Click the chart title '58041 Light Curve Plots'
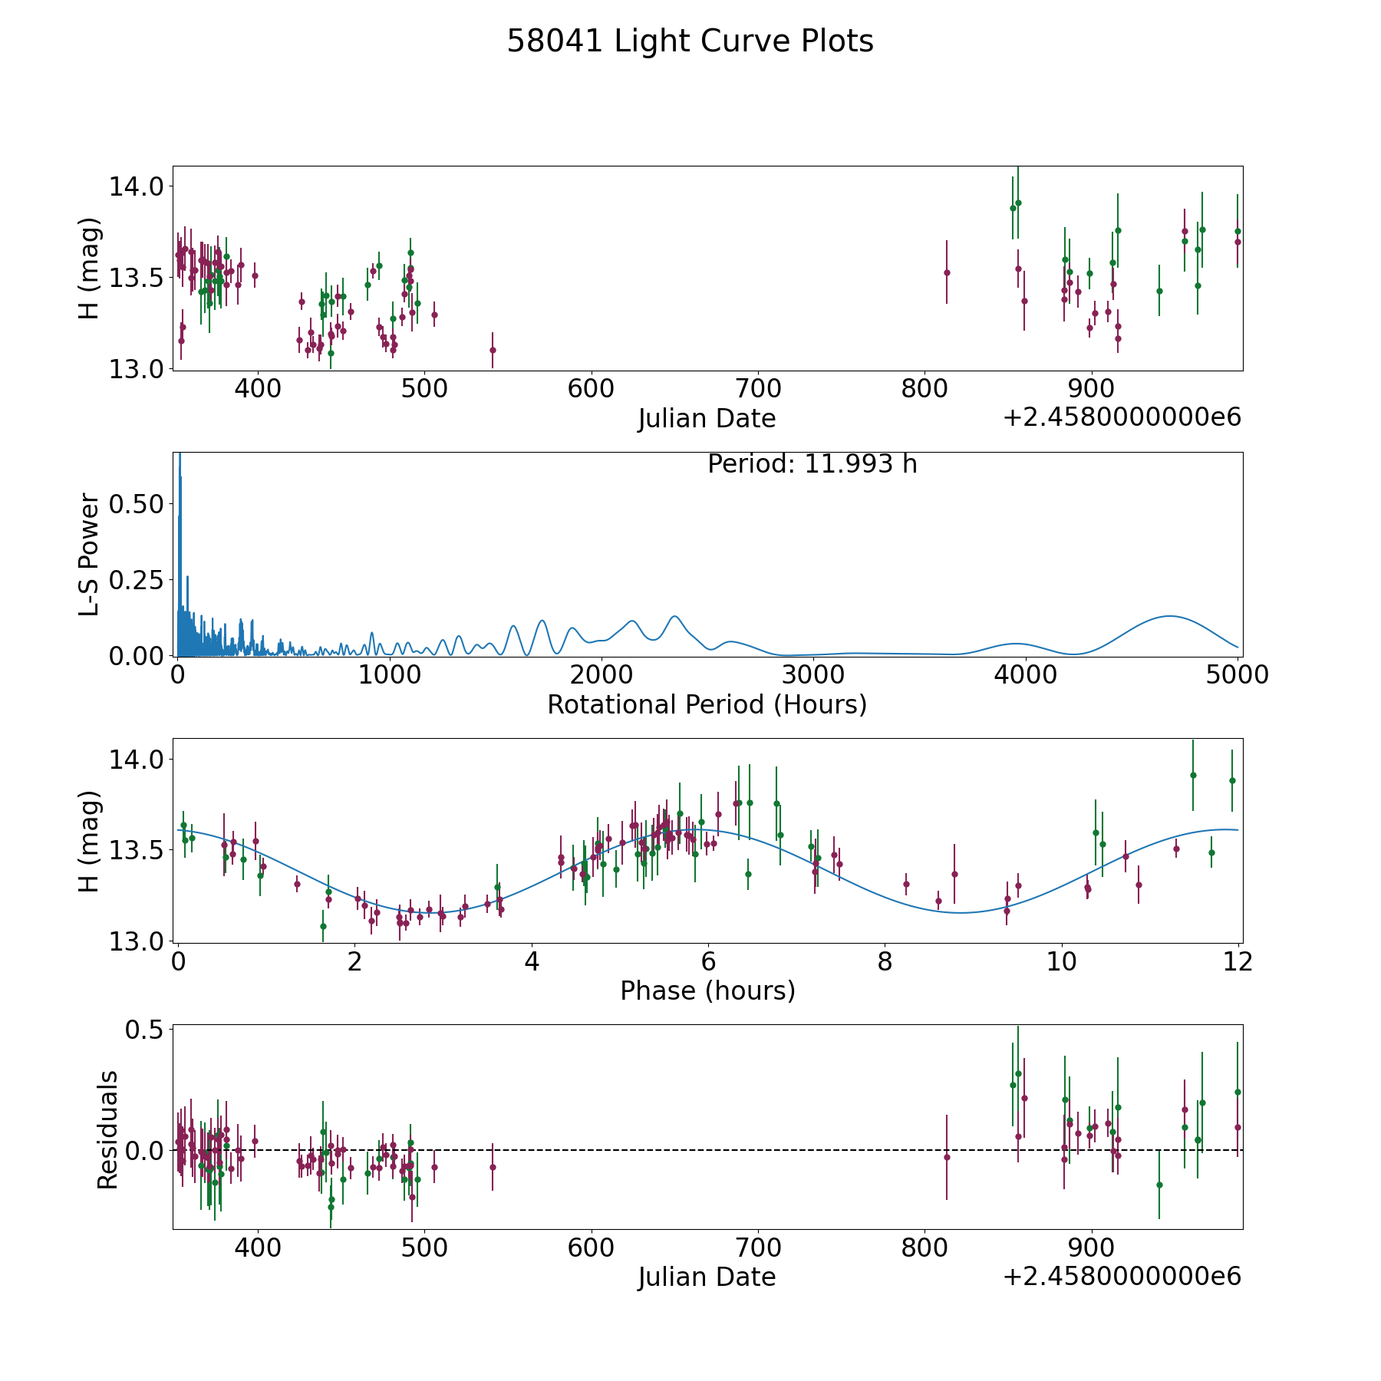click(690, 41)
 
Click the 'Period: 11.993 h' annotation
click(812, 464)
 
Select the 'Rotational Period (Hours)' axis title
click(707, 704)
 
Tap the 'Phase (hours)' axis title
click(707, 990)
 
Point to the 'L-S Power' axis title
click(90, 554)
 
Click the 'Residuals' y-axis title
click(108, 1129)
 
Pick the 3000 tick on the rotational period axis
click(812, 675)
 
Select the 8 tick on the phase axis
click(885, 961)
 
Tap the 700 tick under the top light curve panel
click(758, 389)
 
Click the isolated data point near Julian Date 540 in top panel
click(493, 350)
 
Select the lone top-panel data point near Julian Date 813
click(947, 272)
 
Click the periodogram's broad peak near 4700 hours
click(1169, 616)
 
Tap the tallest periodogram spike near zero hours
click(180, 457)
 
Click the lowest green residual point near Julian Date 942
click(1159, 1185)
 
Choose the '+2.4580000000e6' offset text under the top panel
click(1122, 417)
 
